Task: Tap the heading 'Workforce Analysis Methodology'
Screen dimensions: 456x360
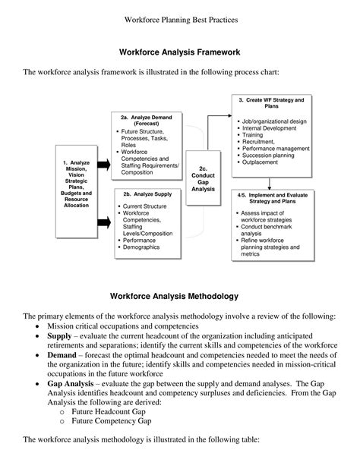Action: pyautogui.click(x=179, y=294)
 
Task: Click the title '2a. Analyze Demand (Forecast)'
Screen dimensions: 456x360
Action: pyautogui.click(x=147, y=119)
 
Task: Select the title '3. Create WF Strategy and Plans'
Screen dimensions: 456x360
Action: pyautogui.click(x=270, y=103)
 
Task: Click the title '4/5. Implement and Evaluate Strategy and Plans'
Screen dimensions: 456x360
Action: pyautogui.click(x=271, y=199)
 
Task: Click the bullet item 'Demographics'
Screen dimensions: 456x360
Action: pyautogui.click(x=144, y=247)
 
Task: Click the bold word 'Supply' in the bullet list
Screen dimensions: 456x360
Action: pyautogui.click(x=62, y=335)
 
